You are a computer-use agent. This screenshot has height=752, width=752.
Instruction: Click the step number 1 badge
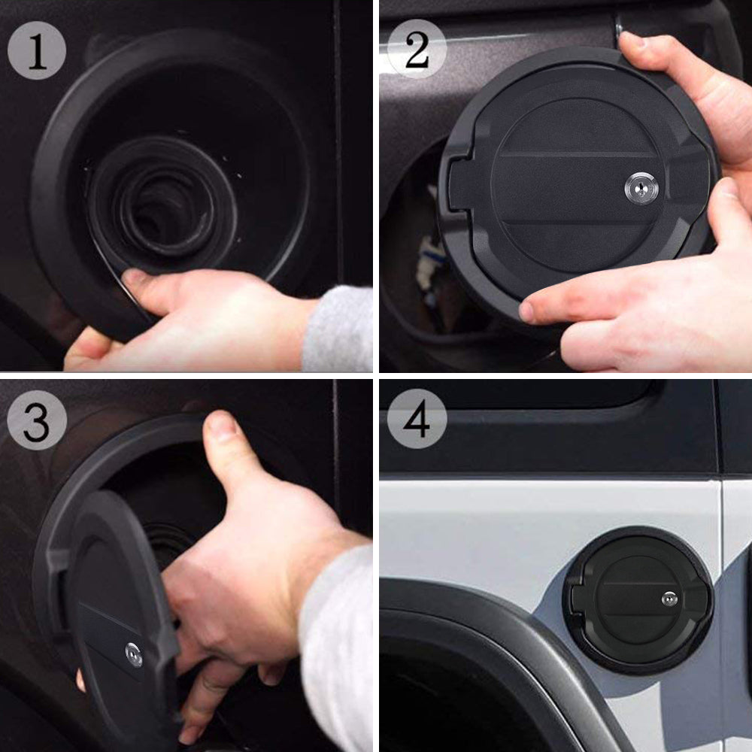pyautogui.click(x=37, y=51)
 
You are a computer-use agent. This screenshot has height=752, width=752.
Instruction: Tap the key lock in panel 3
pyautogui.click(x=134, y=653)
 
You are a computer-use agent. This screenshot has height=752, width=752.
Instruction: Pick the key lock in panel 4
pyautogui.click(x=669, y=599)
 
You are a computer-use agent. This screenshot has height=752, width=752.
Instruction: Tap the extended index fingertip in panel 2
pyautogui.click(x=531, y=310)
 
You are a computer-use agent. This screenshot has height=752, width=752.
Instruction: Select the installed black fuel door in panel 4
pyautogui.click(x=639, y=599)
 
